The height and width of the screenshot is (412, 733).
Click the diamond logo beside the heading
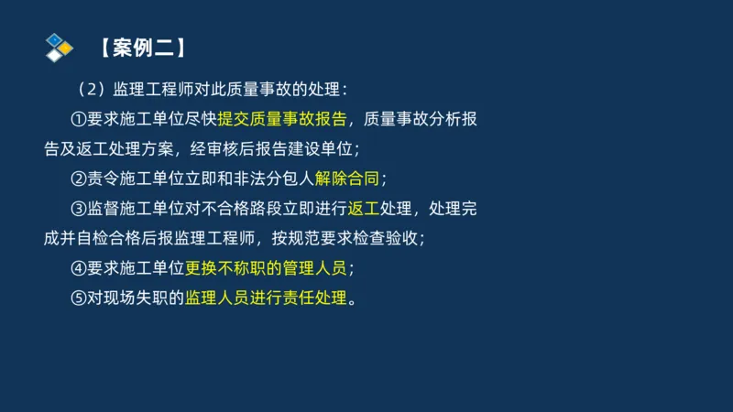click(58, 47)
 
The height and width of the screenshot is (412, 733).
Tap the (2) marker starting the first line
click(92, 90)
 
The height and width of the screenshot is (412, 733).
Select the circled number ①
click(78, 119)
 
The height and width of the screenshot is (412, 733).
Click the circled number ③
click(78, 208)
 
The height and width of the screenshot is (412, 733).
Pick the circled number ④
click(78, 268)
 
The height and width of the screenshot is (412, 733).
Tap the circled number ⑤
click(78, 298)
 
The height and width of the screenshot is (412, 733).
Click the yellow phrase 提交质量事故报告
click(282, 119)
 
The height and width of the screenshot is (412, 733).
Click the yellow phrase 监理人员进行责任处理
click(267, 298)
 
